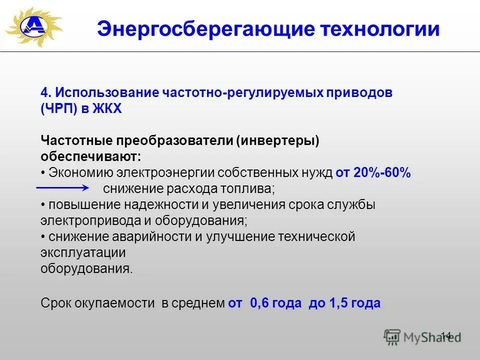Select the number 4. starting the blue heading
[x=46, y=93]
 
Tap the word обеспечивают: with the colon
[x=90, y=156]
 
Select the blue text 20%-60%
[x=382, y=172]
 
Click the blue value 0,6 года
[x=276, y=303]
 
